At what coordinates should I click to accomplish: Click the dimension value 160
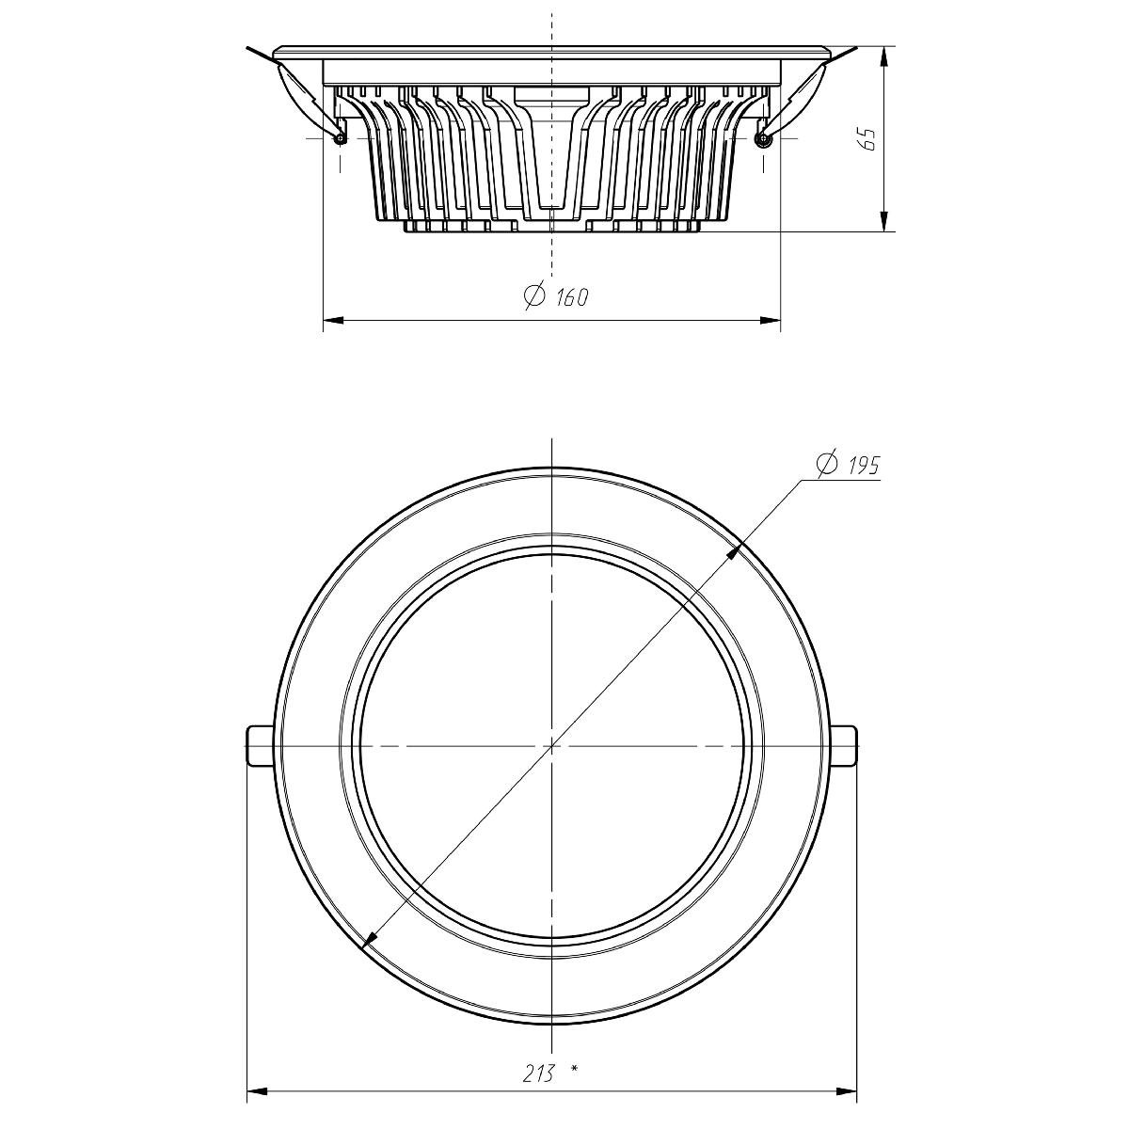[571, 297]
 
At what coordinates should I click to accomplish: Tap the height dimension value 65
[869, 139]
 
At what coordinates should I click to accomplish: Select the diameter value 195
[863, 465]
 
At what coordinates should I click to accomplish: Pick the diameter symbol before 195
[828, 464]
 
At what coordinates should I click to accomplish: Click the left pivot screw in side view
[340, 138]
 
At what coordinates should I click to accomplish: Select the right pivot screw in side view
[762, 139]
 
